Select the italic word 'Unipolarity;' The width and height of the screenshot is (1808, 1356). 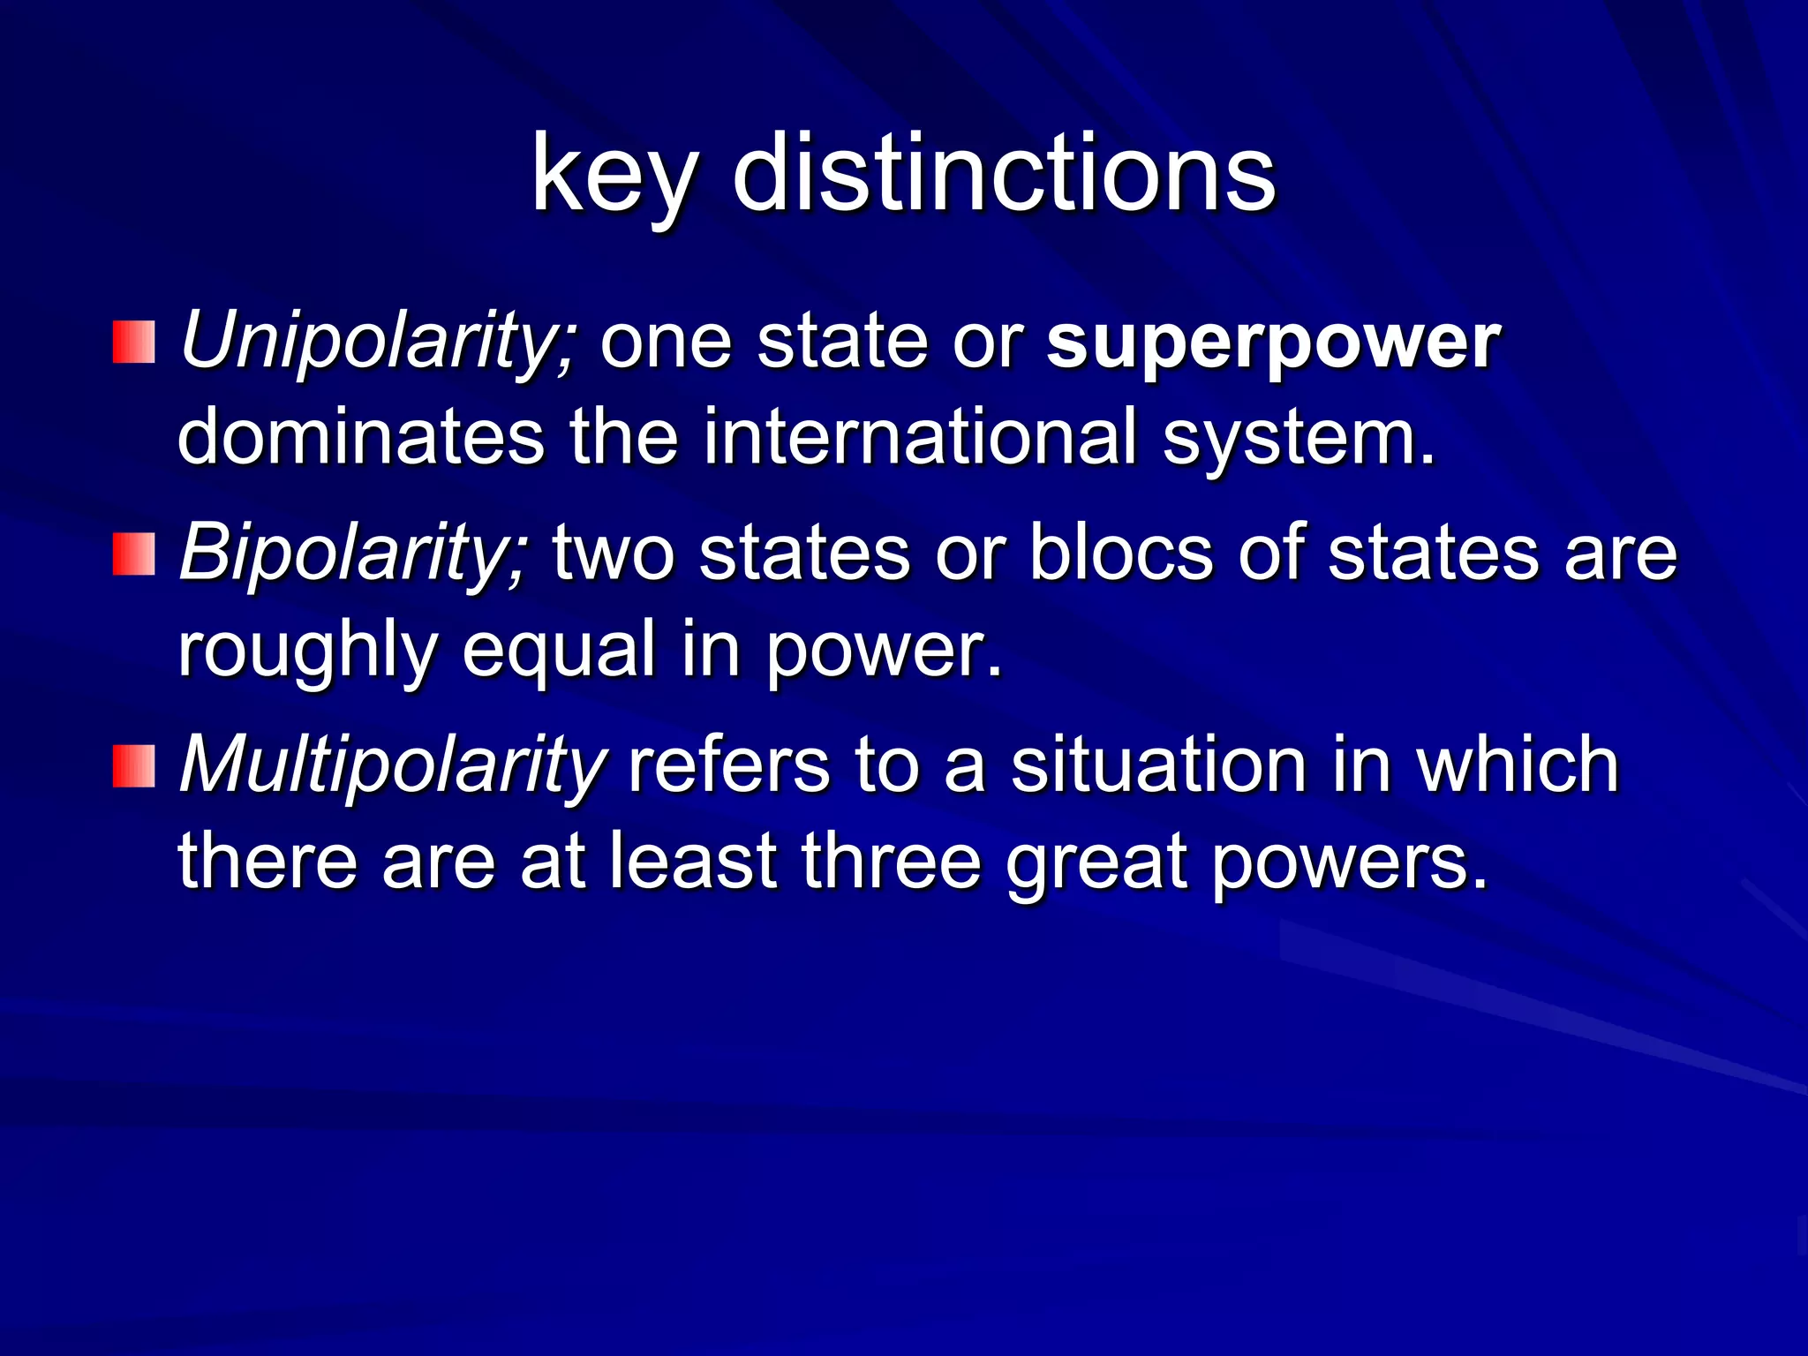point(379,342)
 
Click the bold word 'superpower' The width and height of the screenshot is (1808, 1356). point(1272,342)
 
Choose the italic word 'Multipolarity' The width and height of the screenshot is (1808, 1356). point(392,765)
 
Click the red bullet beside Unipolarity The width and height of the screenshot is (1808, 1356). point(134,343)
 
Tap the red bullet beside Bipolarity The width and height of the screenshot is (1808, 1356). point(134,554)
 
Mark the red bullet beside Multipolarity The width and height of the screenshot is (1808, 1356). point(134,765)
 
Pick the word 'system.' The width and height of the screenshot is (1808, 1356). point(1299,438)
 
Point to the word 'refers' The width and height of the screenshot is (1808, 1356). point(728,765)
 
